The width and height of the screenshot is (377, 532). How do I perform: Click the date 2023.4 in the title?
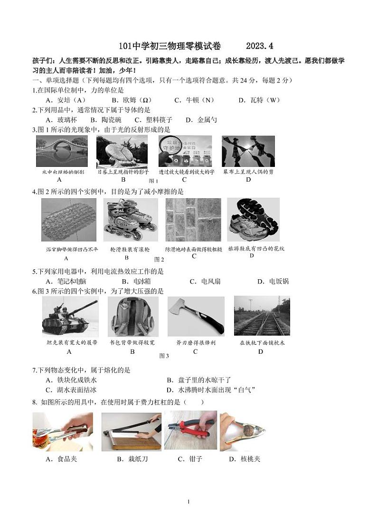[259, 46]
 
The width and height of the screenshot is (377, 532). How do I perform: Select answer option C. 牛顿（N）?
[194, 100]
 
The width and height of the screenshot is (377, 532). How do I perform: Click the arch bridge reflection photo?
[62, 151]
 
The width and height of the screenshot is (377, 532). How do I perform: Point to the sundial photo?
[122, 151]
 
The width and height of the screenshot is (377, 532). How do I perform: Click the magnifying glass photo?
[185, 151]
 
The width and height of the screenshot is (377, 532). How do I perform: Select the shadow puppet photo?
[248, 151]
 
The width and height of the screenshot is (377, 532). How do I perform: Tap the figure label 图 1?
[153, 181]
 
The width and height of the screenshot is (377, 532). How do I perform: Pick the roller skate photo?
[131, 220]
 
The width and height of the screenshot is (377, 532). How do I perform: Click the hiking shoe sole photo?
[253, 220]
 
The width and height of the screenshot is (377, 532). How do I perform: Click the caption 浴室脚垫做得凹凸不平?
[65, 249]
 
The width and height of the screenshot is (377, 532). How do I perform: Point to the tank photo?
[70, 316]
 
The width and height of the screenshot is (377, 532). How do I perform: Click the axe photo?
[196, 316]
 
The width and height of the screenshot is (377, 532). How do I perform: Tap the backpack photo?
[132, 316]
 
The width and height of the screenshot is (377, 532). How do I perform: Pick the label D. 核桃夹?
[245, 459]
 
